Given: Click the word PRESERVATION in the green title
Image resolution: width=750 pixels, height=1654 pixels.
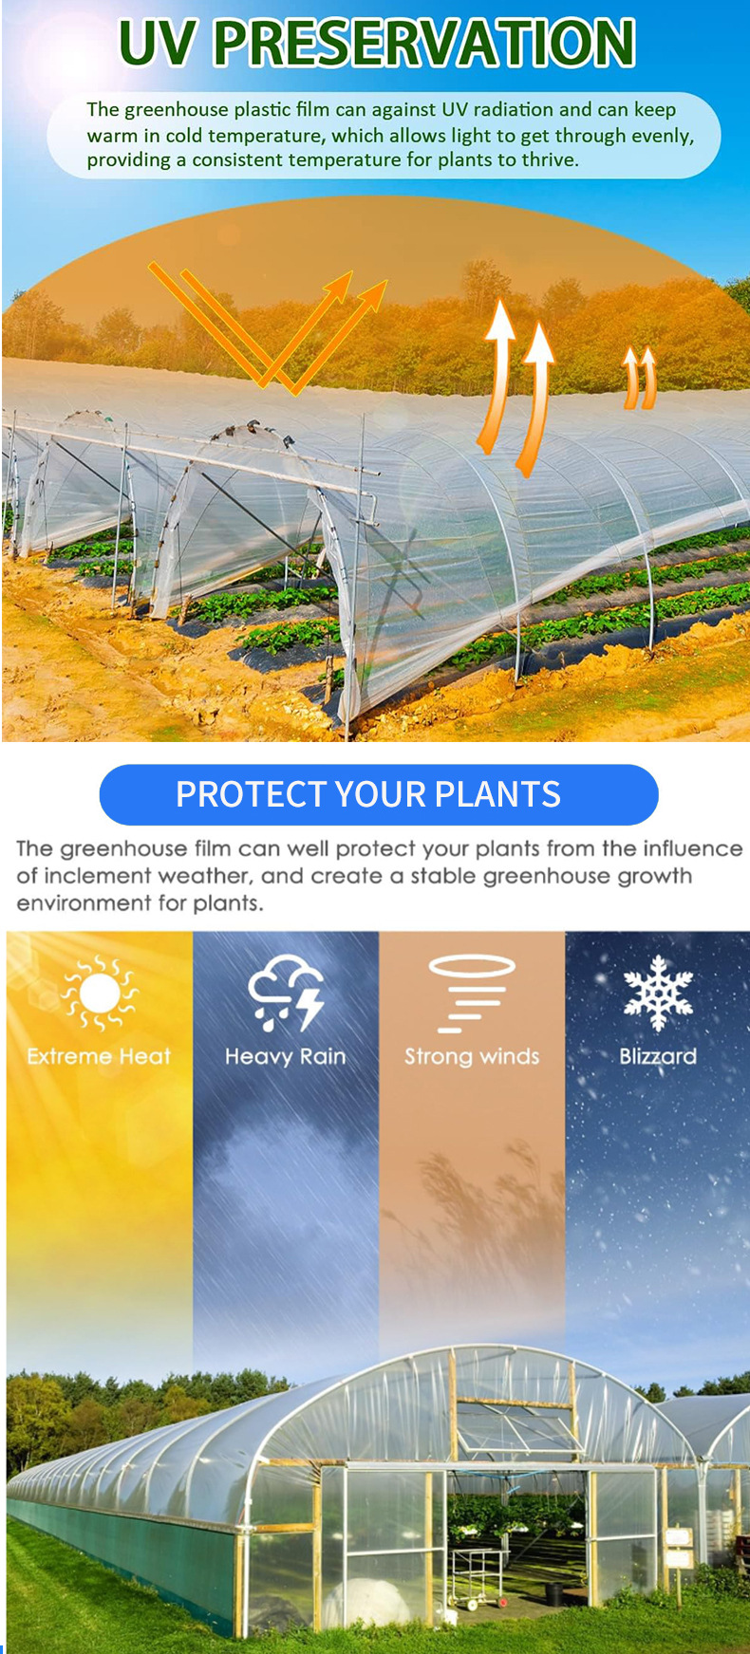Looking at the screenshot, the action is click(423, 43).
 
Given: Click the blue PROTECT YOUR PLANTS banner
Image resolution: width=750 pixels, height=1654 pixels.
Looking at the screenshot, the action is click(379, 794).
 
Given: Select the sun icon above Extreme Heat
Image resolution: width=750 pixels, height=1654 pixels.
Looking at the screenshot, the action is click(99, 993).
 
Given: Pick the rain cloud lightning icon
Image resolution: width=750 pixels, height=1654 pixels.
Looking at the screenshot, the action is click(286, 994).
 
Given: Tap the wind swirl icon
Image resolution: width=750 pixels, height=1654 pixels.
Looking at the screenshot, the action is click(472, 994).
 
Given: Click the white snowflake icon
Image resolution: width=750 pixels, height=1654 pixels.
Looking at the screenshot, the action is click(658, 993).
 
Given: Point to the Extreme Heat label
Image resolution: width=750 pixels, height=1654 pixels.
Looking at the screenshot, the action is click(99, 1056).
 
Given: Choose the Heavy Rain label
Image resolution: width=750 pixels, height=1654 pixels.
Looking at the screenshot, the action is click(286, 1056).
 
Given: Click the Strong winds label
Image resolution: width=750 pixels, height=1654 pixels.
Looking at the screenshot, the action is click(472, 1056).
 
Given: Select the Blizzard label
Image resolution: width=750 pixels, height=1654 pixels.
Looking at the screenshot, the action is click(658, 1056).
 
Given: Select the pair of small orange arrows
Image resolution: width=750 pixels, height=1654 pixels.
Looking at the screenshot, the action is click(639, 378).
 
